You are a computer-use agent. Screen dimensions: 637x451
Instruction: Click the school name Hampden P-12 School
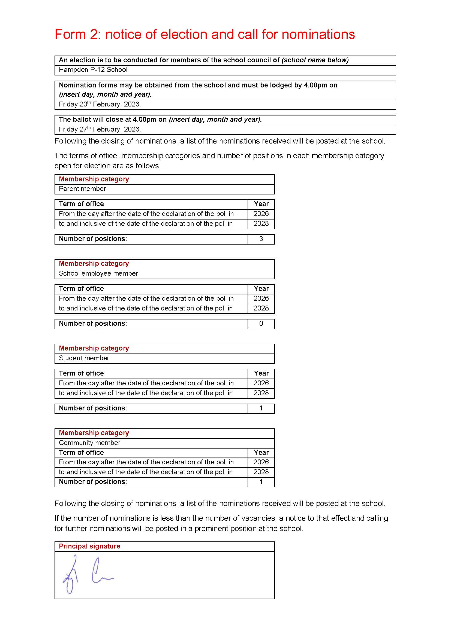(93, 70)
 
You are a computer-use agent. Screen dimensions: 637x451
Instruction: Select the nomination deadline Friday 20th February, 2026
(100, 104)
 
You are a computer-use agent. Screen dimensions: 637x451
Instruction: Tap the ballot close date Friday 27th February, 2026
(100, 129)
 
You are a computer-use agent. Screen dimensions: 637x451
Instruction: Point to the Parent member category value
(82, 189)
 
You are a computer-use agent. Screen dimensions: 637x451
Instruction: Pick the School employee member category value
(98, 273)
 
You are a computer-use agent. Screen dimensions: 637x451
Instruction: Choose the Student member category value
(84, 358)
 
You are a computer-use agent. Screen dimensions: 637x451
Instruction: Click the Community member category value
(89, 443)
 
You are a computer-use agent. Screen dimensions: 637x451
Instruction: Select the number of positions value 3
(261, 239)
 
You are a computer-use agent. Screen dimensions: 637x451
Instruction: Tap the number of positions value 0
(261, 324)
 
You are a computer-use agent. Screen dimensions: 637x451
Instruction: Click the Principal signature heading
(89, 546)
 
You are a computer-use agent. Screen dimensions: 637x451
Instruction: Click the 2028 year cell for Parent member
(261, 224)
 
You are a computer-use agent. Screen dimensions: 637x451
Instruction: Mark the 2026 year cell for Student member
(261, 383)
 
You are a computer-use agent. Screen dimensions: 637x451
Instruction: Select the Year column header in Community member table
(261, 453)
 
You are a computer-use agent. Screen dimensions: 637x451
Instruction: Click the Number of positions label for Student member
(93, 408)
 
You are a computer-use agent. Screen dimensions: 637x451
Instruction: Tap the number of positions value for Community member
(261, 482)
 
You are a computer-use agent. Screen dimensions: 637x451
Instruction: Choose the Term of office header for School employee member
(81, 288)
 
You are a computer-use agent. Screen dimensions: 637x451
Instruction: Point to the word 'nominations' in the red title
(318, 35)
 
